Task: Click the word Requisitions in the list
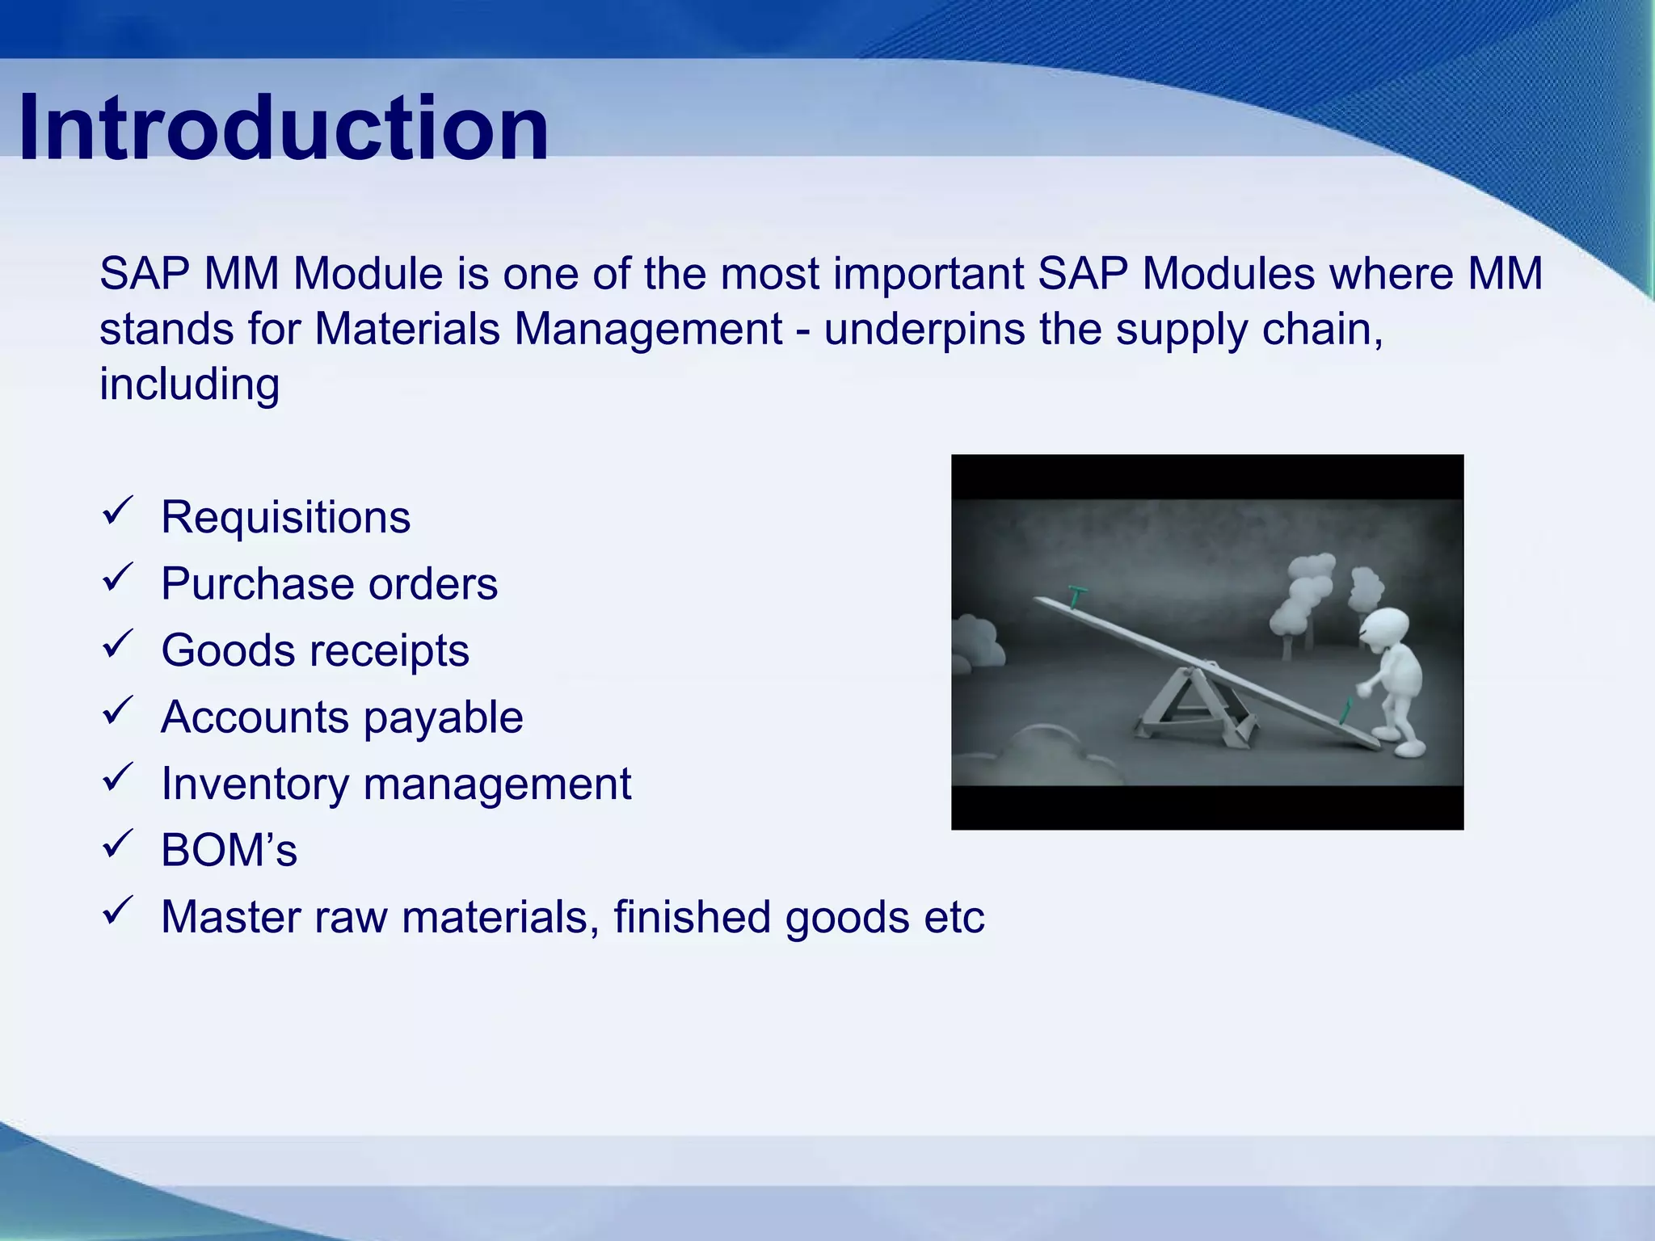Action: (x=285, y=517)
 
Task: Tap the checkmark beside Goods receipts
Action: (x=118, y=645)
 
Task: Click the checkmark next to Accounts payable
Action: (x=118, y=711)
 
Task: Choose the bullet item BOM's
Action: (x=229, y=851)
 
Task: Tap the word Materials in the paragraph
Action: (x=406, y=330)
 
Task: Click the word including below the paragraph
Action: (x=189, y=384)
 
